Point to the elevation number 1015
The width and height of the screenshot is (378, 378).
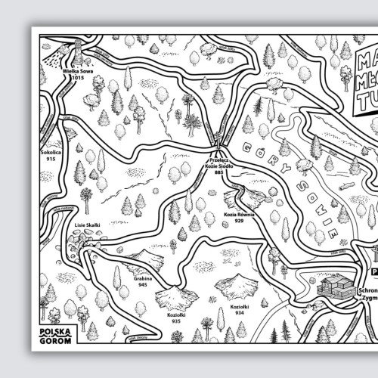(77, 76)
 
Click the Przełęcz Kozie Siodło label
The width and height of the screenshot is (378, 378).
(219, 164)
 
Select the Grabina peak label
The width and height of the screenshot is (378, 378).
(144, 278)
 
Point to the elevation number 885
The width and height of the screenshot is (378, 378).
(219, 173)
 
